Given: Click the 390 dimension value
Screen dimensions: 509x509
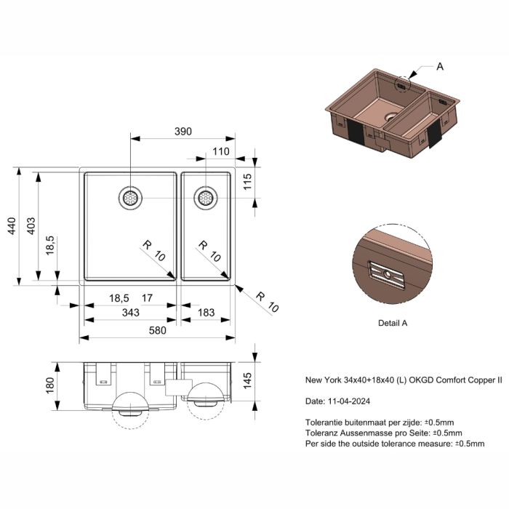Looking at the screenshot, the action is coord(183,132).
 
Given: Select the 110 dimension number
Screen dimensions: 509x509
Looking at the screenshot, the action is coord(221,151).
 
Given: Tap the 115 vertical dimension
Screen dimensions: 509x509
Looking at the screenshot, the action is coord(247,182).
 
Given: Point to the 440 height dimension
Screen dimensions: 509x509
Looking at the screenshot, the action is coord(12,226).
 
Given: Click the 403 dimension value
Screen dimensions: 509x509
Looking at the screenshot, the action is coord(31,226).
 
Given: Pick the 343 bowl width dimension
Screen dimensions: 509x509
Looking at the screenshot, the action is coord(130,313).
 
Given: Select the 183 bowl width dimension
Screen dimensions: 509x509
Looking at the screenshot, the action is coord(206,313).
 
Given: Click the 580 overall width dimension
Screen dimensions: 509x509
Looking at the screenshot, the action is coord(158,330).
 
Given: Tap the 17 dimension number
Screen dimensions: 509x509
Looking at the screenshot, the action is coord(147,298).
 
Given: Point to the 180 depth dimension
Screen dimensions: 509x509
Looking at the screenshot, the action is coord(50,385).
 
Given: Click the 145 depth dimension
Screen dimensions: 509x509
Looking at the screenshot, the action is coord(247,381).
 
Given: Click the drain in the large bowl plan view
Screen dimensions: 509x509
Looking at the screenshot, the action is coord(130,198).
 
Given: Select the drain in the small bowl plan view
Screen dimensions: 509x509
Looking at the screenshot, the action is coord(206,198).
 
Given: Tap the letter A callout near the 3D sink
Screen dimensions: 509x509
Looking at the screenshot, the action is coord(440,67).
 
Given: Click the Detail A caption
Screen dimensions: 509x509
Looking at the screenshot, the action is coord(393,323).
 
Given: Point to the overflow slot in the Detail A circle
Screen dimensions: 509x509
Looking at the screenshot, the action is coord(387,275).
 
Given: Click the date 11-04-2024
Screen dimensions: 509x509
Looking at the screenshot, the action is coord(349,401).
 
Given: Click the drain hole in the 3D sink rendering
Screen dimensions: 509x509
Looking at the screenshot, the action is coord(391,116).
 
